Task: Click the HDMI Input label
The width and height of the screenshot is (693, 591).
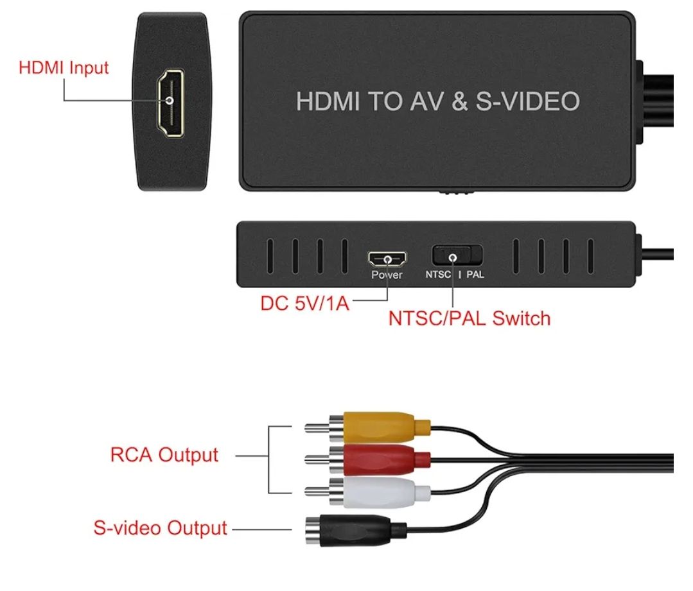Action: [64, 67]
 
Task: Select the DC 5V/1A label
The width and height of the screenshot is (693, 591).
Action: [304, 303]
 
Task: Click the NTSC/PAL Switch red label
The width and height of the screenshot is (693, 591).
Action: [469, 318]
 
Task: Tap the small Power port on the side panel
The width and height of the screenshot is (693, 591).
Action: [387, 259]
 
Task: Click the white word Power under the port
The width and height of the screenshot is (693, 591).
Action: [387, 275]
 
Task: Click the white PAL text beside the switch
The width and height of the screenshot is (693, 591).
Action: [475, 275]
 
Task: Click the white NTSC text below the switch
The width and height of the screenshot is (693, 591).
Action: [439, 275]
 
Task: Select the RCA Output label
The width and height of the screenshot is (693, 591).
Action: [164, 456]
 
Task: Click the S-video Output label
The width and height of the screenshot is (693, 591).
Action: [160, 529]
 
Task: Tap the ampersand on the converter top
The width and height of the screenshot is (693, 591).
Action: [459, 101]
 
